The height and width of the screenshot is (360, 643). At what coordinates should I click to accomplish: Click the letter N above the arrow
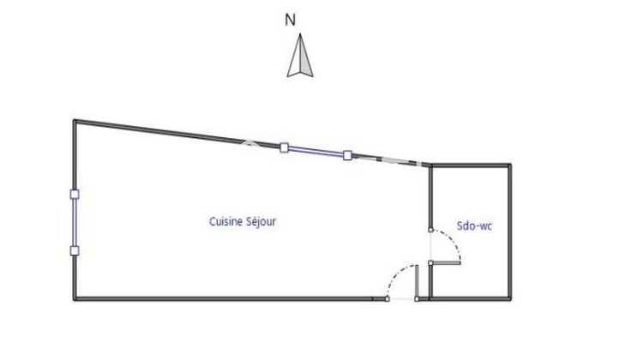(x=291, y=20)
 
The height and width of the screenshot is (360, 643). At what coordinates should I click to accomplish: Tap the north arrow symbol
(x=300, y=56)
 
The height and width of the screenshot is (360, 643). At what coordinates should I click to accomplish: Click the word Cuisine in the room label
(x=226, y=221)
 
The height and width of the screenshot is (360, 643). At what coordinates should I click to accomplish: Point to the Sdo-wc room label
(x=474, y=226)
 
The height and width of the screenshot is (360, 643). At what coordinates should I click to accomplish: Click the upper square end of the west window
(x=75, y=195)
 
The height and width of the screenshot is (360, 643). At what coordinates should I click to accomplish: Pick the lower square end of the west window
(x=75, y=251)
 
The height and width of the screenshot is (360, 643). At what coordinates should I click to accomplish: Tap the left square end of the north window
(x=284, y=147)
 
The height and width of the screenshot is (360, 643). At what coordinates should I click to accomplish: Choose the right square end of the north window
(x=347, y=155)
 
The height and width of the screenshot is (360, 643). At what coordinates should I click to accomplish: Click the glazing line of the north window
(x=315, y=152)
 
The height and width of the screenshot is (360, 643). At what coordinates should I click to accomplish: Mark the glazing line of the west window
(x=75, y=223)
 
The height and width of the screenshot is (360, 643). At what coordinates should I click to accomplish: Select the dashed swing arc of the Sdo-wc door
(x=450, y=242)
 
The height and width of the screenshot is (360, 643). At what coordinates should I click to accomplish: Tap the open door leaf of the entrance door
(x=417, y=282)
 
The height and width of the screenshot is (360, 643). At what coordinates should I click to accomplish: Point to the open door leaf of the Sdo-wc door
(x=446, y=263)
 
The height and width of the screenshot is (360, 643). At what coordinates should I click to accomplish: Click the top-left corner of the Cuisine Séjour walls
(x=75, y=121)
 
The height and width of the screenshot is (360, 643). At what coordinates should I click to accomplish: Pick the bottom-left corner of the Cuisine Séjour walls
(x=75, y=299)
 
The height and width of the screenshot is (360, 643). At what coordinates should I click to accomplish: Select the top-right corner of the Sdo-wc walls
(x=510, y=165)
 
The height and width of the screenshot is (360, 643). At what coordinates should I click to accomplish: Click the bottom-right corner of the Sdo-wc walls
(x=510, y=299)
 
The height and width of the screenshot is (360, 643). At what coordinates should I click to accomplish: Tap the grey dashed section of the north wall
(x=388, y=160)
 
